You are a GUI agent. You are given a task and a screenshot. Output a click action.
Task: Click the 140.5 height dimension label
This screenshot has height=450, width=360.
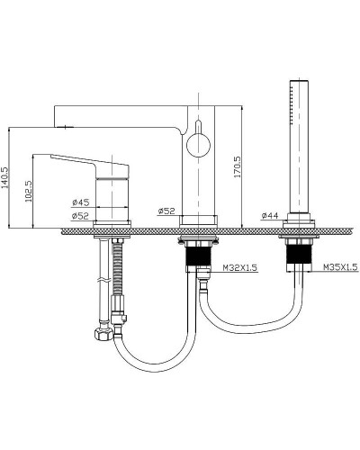[x=5, y=178]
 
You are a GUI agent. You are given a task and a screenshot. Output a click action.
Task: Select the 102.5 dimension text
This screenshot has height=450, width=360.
[x=29, y=191]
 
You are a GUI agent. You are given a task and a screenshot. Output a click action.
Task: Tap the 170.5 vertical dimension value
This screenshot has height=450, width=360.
[x=238, y=166]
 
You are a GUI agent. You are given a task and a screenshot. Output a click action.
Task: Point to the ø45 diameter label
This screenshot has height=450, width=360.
[x=81, y=202]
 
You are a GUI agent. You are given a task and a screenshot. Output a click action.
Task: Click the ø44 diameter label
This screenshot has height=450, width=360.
[x=270, y=215]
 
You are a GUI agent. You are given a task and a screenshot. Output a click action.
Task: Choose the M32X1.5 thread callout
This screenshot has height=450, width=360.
[x=240, y=267]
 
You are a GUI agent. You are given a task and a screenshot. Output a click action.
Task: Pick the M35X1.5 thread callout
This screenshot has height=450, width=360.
[x=340, y=266]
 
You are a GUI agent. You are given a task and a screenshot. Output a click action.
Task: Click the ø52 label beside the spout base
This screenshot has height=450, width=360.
[x=166, y=211]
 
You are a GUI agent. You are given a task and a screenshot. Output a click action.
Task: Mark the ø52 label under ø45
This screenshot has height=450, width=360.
[x=81, y=216]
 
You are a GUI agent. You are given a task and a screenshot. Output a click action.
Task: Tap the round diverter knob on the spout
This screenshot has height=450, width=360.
[x=198, y=145]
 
